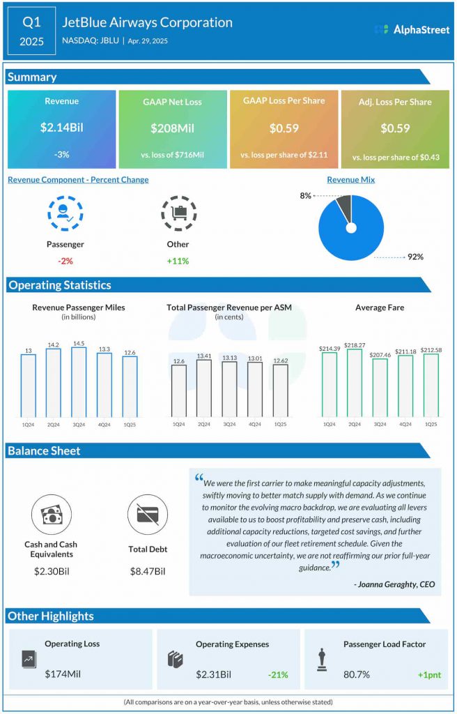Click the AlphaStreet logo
click(x=411, y=30)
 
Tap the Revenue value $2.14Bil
click(x=61, y=128)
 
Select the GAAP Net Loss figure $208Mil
click(x=172, y=128)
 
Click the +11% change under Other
click(x=177, y=261)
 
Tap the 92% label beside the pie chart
click(x=415, y=257)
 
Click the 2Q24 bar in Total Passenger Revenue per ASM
click(x=204, y=388)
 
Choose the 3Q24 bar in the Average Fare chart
click(x=380, y=388)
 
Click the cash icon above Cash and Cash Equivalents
click(x=51, y=515)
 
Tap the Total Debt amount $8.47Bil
click(x=147, y=571)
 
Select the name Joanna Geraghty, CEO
click(x=394, y=584)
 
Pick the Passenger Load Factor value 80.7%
click(x=357, y=674)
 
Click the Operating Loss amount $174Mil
click(x=64, y=674)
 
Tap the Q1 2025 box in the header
click(x=31, y=31)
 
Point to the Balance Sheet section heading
click(x=44, y=451)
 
